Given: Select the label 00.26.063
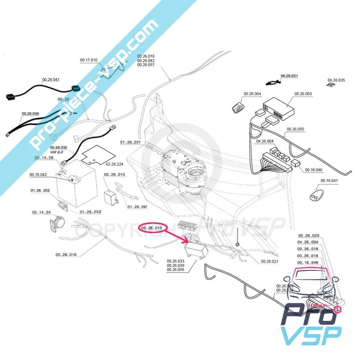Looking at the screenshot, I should point(303,94).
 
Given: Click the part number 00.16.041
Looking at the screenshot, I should point(329,180).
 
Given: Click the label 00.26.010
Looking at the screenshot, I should point(66,255).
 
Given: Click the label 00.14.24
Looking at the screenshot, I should point(41,212).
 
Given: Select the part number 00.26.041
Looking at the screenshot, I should point(50,79).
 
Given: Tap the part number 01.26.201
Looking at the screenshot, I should point(130,142).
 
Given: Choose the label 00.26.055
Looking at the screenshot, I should point(295,129).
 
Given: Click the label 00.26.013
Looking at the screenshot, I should point(114,174).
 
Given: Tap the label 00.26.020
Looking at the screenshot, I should point(308,236).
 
